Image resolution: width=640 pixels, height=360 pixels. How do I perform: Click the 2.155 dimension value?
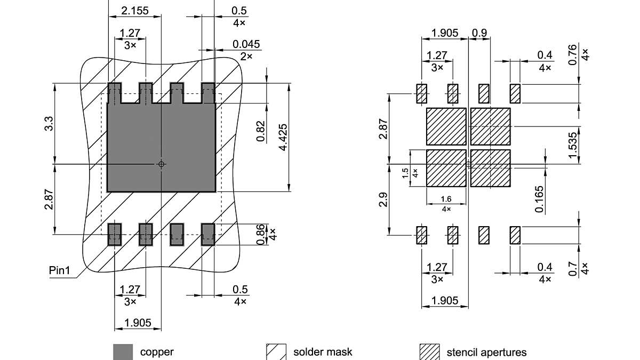[134, 11]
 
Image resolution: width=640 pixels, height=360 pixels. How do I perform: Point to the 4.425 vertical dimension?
[283, 137]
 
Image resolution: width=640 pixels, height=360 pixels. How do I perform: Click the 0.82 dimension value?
[260, 131]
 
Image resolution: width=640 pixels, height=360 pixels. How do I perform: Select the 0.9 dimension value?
[479, 33]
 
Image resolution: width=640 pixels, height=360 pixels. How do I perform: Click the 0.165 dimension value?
[539, 198]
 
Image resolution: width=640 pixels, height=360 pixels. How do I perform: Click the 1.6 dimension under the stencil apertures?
[446, 199]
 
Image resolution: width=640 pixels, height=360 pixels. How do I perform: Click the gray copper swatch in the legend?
[123, 352]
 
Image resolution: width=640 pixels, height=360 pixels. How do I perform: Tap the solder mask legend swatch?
[276, 352]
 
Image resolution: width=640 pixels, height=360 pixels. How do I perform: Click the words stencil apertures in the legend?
[486, 352]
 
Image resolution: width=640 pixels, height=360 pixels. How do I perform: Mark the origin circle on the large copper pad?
[162, 164]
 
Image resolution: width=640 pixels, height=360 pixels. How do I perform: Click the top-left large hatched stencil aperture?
[446, 126]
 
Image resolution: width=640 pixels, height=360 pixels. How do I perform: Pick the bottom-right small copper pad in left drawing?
[208, 234]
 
